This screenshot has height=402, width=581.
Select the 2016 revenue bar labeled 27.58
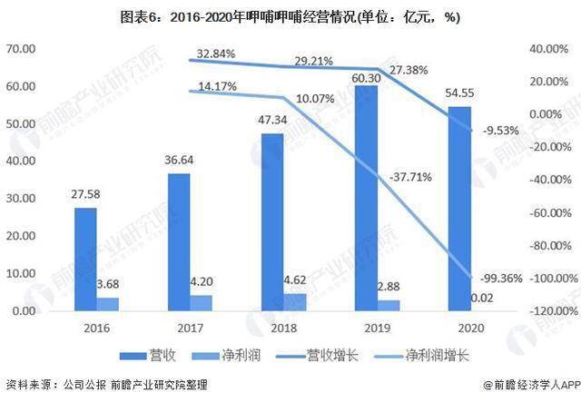pyautogui.click(x=85, y=260)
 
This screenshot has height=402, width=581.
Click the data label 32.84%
pyautogui.click(x=215, y=54)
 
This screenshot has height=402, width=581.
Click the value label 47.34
pyautogui.click(x=271, y=118)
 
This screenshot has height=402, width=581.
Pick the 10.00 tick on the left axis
pyautogui.click(x=21, y=274)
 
